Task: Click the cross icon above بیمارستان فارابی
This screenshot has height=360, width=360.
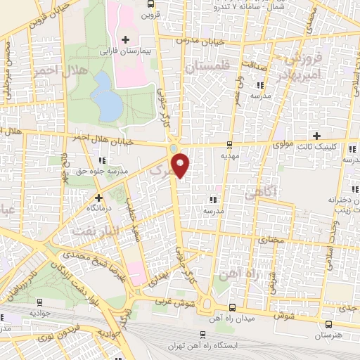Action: click(126, 39)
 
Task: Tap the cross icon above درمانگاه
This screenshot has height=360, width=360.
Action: click(98, 198)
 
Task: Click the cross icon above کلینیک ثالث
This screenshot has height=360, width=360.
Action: click(316, 136)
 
